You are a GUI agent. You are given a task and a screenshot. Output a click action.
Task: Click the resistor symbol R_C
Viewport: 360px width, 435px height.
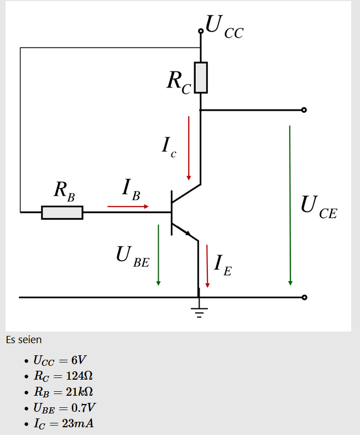[201, 77]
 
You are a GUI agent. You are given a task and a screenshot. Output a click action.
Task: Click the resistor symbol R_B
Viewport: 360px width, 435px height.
[62, 213]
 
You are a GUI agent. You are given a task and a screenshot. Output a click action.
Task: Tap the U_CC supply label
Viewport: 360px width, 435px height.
[223, 27]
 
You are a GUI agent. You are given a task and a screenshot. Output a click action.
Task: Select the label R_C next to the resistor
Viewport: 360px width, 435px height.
[179, 82]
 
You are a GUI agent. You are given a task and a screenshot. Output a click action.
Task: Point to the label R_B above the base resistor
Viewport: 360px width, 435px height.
[64, 190]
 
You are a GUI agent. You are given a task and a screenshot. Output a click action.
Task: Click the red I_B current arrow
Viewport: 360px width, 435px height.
[128, 206]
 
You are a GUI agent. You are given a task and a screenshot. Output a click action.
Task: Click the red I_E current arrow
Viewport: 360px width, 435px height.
[207, 266]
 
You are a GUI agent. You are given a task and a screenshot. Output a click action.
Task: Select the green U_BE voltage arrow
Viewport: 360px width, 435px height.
[158, 255]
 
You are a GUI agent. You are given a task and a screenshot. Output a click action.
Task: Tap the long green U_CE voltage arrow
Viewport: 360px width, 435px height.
[290, 205]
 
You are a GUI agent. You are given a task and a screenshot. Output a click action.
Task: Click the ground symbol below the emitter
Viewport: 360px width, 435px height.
[199, 310]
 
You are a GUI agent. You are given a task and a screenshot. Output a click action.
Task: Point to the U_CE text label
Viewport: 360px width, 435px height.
[318, 206]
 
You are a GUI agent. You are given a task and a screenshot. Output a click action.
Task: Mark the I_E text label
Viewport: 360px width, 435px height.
[223, 264]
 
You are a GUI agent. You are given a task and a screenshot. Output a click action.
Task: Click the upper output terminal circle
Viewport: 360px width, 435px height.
[304, 110]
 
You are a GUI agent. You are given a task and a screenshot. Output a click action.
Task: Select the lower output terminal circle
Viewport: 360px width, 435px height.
[304, 298]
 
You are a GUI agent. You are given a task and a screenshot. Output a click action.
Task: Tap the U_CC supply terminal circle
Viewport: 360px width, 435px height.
[201, 32]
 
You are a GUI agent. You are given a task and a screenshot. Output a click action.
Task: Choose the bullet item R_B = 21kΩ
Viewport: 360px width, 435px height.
[63, 392]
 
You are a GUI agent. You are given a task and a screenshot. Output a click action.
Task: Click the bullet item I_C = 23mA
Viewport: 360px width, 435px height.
[64, 424]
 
